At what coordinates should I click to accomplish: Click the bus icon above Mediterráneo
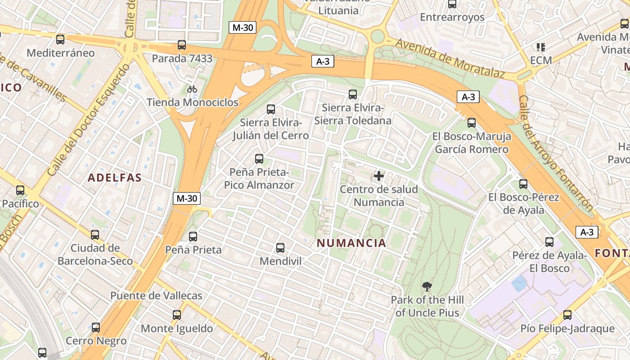[x=60, y=40]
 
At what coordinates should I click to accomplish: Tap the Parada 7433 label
[x=182, y=58]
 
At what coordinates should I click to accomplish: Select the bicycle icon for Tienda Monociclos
[x=192, y=89]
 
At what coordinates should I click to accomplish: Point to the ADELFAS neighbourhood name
[x=115, y=178]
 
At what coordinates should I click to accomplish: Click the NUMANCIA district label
[x=351, y=243]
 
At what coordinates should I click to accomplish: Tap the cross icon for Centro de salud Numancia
[x=379, y=176]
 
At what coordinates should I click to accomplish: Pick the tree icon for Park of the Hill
[x=427, y=286]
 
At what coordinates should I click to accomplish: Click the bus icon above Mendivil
[x=280, y=247]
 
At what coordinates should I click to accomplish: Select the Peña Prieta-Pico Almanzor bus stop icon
[x=259, y=158]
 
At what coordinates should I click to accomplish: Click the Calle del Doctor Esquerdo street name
[x=89, y=120]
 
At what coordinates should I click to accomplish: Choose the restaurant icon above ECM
[x=540, y=47]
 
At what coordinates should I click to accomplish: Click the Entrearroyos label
[x=452, y=17]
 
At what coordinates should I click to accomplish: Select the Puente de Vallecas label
[x=156, y=296]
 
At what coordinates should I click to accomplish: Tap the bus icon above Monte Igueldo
[x=177, y=315]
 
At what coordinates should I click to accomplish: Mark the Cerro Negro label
[x=96, y=341]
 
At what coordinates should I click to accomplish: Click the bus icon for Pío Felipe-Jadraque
[x=567, y=315]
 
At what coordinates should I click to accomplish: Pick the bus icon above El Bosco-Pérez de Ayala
[x=523, y=184]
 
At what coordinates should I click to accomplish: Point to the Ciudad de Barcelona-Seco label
[x=95, y=254]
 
